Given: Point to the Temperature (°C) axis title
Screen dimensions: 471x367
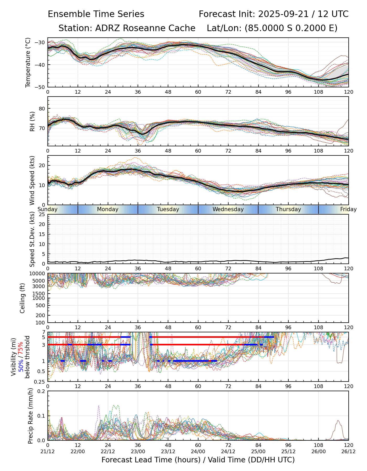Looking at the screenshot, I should [x=28, y=62].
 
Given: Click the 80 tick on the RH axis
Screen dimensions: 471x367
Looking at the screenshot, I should [x=42, y=109].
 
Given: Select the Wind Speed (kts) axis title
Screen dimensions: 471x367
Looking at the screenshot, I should [x=32, y=180].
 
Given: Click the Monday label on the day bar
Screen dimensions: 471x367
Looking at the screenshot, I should [x=108, y=209].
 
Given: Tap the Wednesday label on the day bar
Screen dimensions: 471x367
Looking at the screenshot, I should [x=228, y=209].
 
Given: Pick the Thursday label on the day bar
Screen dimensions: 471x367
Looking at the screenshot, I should [x=288, y=209].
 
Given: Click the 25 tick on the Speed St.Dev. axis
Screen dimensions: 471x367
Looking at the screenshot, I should [x=42, y=215].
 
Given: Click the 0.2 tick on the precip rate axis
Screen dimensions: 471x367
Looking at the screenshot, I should [x=41, y=391].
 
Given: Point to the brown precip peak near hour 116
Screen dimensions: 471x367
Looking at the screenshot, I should [x=338, y=421].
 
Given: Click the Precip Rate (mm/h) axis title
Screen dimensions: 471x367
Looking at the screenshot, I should [x=31, y=416].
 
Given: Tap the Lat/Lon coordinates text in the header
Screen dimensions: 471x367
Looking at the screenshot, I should [x=272, y=28].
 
